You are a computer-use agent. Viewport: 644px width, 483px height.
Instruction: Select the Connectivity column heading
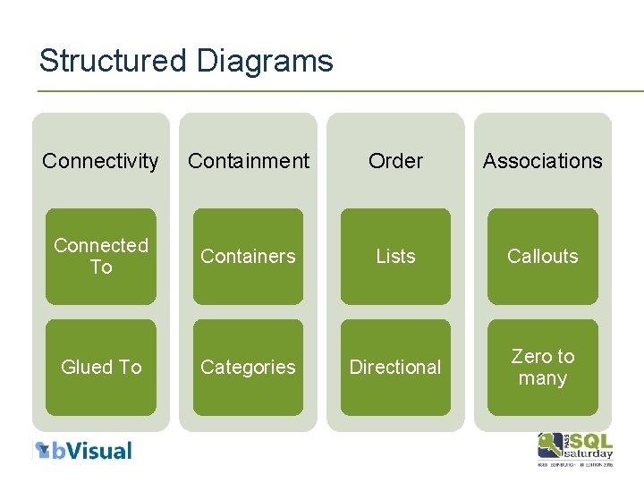(x=100, y=161)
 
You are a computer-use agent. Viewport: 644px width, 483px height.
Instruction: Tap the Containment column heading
(x=248, y=161)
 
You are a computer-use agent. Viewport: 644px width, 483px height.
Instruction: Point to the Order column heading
(x=395, y=161)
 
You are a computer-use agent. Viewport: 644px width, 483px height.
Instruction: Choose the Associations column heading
(x=542, y=161)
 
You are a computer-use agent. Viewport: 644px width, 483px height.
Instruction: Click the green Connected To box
(x=101, y=257)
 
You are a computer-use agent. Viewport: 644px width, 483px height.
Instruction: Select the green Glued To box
(x=101, y=368)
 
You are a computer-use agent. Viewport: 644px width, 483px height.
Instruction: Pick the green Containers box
(x=248, y=257)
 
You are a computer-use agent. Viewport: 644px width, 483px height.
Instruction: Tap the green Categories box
(x=248, y=368)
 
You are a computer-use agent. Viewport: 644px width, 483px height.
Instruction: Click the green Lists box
(x=395, y=257)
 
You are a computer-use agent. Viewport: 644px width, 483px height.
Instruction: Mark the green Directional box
(x=395, y=368)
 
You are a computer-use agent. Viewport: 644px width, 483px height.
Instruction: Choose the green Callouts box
(x=542, y=257)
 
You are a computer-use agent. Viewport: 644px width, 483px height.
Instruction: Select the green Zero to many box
(x=542, y=368)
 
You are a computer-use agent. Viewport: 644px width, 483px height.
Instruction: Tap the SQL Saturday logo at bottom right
(x=575, y=448)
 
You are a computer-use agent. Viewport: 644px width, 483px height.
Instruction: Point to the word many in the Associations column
(x=542, y=378)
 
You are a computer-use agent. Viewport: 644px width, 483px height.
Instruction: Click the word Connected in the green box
(x=101, y=245)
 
